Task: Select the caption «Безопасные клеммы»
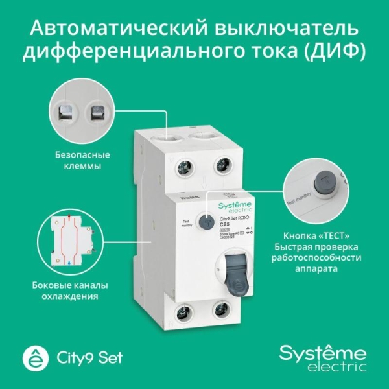pyautogui.click(x=82, y=161)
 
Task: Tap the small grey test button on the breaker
pyautogui.click(x=206, y=223)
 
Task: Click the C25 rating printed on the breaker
pyautogui.click(x=226, y=224)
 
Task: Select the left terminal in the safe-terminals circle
pyautogui.click(x=66, y=113)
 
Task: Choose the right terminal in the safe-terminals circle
pyautogui.click(x=99, y=113)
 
